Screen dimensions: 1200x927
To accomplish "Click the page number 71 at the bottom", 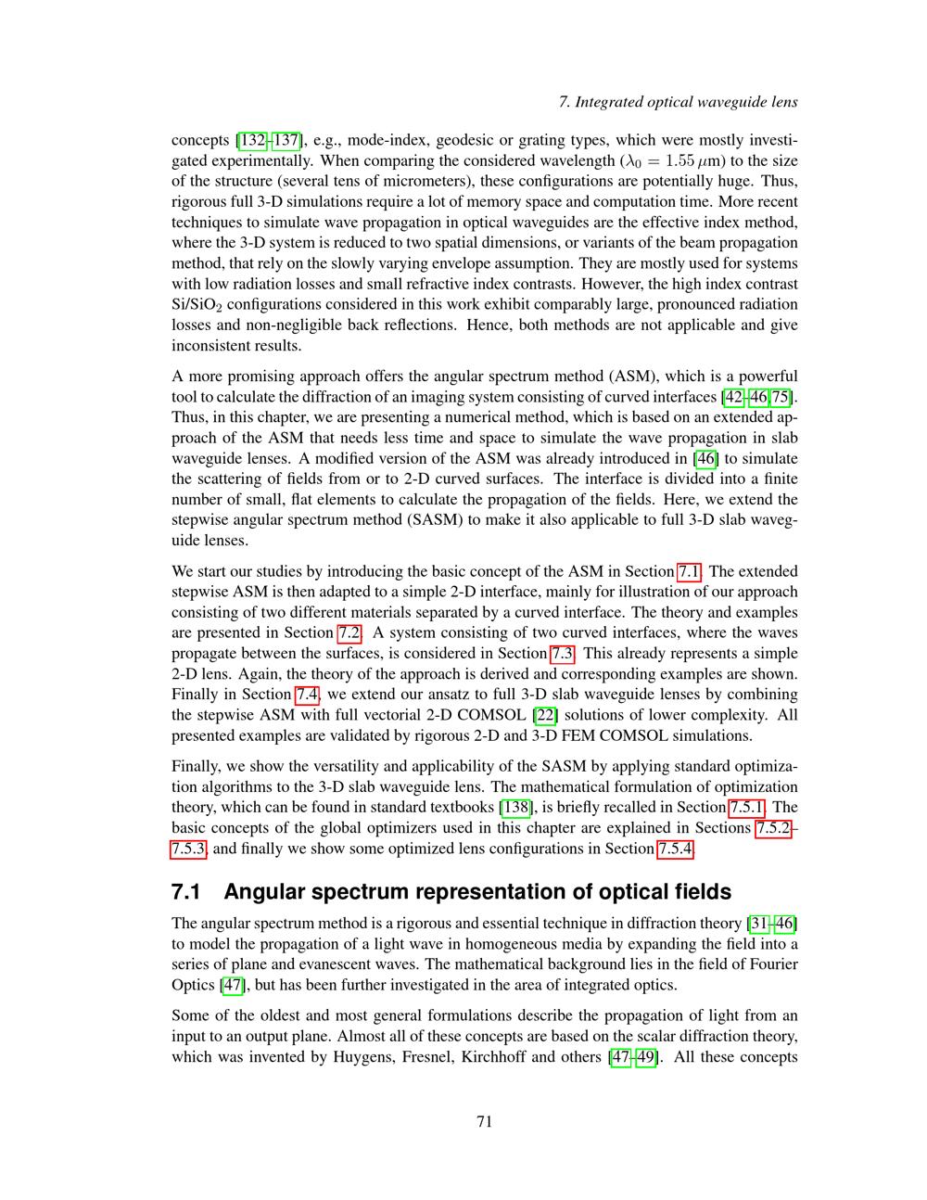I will pyautogui.click(x=484, y=1122).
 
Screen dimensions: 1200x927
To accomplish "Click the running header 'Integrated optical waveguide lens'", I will pyautogui.click(x=686, y=102).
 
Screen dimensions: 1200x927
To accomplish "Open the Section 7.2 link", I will pyautogui.click(x=349, y=633).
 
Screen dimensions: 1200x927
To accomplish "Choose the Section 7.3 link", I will pyautogui.click(x=563, y=654).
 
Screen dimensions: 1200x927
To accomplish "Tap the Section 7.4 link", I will pyautogui.click(x=307, y=695).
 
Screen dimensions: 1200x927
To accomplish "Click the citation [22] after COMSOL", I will pyautogui.click(x=546, y=715).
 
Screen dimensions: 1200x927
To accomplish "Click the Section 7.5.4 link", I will pyautogui.click(x=675, y=849).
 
